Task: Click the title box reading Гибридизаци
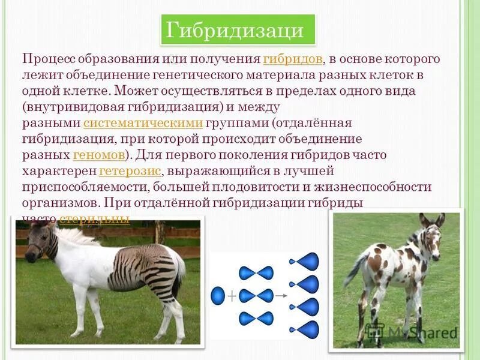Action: pos(238,30)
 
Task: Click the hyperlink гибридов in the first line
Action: pos(293,59)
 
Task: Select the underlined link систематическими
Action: pos(144,123)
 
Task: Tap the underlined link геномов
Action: pos(99,155)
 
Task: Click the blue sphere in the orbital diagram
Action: pos(217,296)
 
